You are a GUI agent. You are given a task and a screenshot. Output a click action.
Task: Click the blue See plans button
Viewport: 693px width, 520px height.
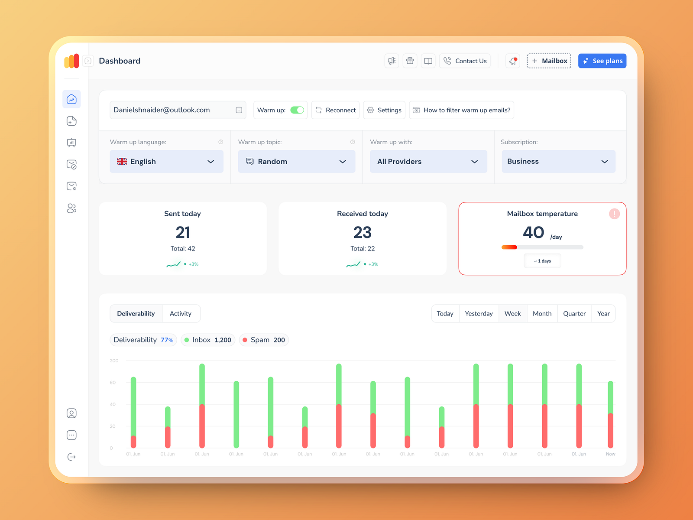pos(602,61)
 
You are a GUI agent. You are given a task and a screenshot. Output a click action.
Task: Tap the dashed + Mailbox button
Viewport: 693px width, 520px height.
pos(549,61)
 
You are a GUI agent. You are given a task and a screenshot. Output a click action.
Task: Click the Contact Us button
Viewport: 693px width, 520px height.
pos(465,61)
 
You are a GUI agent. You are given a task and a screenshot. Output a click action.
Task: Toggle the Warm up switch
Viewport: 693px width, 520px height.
pos(297,110)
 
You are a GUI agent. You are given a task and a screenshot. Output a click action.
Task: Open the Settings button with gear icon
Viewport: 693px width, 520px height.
pos(384,110)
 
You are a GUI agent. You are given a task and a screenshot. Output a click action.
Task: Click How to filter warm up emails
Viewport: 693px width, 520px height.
pos(461,110)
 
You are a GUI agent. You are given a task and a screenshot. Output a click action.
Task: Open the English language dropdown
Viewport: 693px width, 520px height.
pos(166,162)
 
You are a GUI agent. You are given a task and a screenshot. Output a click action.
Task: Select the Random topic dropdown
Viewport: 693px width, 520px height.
pos(296,162)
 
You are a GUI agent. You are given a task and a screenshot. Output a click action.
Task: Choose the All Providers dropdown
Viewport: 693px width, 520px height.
pos(428,162)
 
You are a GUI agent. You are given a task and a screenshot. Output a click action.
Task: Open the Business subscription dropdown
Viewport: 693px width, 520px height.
pos(558,162)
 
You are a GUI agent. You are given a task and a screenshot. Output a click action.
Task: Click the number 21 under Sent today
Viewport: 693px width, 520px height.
pos(183,233)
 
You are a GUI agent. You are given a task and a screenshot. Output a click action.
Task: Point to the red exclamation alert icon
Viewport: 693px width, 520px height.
pos(614,214)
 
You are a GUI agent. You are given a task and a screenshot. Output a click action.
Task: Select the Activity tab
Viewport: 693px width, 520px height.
pos(181,314)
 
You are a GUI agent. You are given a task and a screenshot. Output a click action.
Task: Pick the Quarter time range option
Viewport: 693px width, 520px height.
pos(574,314)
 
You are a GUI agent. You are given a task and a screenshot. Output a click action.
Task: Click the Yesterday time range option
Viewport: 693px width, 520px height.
pos(479,314)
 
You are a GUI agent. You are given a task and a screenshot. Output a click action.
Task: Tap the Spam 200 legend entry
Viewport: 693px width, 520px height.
pos(264,340)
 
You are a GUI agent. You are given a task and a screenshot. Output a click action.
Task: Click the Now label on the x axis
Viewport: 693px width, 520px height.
pos(610,454)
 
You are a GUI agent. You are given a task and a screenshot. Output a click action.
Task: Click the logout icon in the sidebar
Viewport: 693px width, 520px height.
pos(71,457)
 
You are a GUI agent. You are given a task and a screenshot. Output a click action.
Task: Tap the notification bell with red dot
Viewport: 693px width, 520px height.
pos(513,61)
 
